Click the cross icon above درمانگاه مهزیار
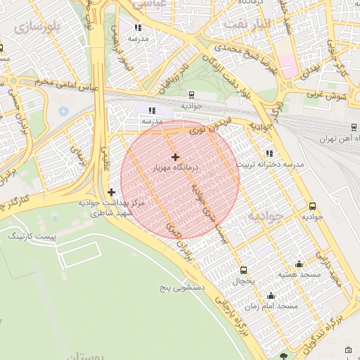pyautogui.click(x=175, y=156)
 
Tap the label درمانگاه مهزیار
pyautogui.click(x=176, y=169)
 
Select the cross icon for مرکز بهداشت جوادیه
pyautogui.click(x=111, y=192)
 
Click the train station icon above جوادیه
pyautogui.click(x=191, y=94)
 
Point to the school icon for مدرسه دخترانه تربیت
pyautogui.click(x=269, y=153)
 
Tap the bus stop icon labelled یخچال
pyautogui.click(x=244, y=270)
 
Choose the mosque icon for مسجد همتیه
pyautogui.click(x=300, y=264)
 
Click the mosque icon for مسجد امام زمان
pyautogui.click(x=271, y=295)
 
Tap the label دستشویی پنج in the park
pyautogui.click(x=181, y=288)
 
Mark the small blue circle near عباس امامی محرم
pyautogui.click(x=63, y=110)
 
